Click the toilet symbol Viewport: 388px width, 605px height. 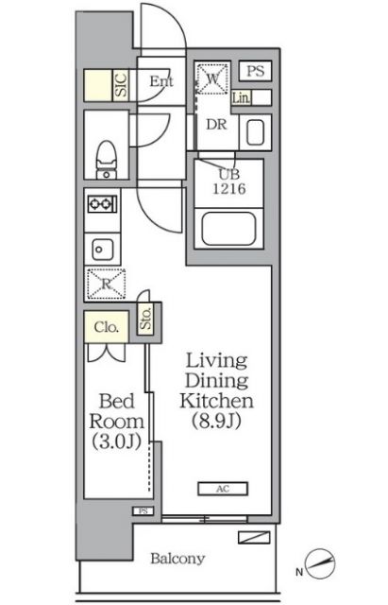(106, 160)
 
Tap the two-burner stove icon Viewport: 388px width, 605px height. (102, 204)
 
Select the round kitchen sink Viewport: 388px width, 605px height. (103, 250)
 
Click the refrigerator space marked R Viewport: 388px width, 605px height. (106, 284)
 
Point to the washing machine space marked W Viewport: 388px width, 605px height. (212, 78)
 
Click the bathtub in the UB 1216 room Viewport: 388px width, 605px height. (228, 229)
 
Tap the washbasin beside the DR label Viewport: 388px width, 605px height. (255, 132)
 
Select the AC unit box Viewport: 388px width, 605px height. (223, 489)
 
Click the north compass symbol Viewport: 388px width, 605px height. (319, 563)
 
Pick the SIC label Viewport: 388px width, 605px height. (121, 85)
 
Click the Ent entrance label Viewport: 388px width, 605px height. (161, 81)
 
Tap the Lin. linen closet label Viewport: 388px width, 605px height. (241, 98)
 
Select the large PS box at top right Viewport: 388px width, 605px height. (255, 71)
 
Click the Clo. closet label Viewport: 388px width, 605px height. (106, 327)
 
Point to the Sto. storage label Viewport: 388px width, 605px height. (145, 319)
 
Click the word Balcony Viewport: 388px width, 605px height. (177, 559)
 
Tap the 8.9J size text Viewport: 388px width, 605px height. (216, 421)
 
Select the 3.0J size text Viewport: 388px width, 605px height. (116, 441)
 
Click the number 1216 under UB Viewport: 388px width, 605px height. (229, 189)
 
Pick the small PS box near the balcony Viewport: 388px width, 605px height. (143, 510)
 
